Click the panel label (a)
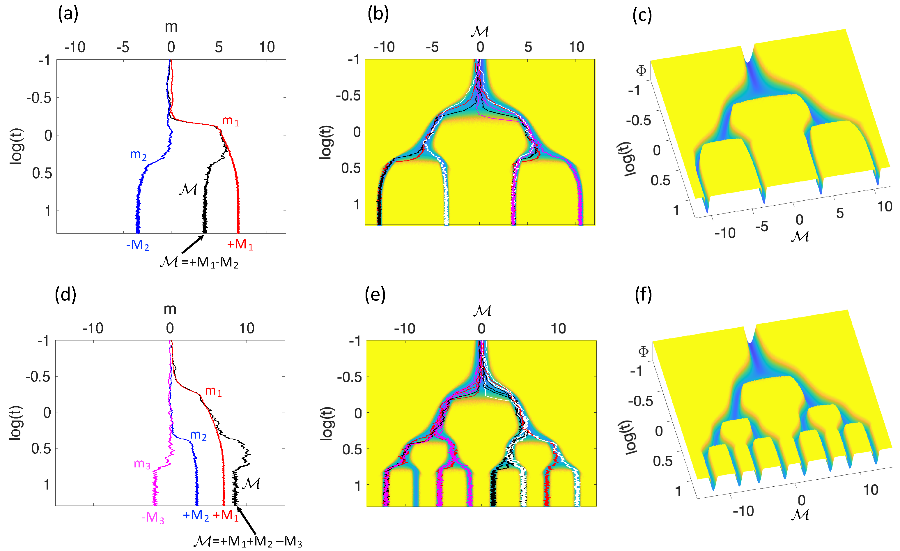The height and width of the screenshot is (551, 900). pyautogui.click(x=68, y=15)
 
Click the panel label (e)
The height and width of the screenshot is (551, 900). pyautogui.click(x=375, y=295)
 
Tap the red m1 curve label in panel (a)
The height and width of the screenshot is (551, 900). pyautogui.click(x=231, y=120)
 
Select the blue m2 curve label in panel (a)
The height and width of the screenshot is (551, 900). pyautogui.click(x=138, y=155)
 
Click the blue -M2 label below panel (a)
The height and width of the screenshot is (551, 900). pyautogui.click(x=137, y=245)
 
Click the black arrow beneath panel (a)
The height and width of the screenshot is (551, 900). pyautogui.click(x=192, y=244)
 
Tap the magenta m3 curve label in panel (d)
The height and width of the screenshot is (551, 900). pyautogui.click(x=142, y=464)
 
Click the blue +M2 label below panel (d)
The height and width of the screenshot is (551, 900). pyautogui.click(x=196, y=515)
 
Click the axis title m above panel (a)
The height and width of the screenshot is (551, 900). pyautogui.click(x=171, y=27)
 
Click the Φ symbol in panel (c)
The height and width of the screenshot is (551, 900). pyautogui.click(x=641, y=70)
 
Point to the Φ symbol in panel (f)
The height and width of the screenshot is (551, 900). pyautogui.click(x=643, y=352)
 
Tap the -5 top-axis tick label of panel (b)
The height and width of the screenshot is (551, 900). pyautogui.click(x=432, y=47)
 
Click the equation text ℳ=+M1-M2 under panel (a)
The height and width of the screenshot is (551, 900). pyautogui.click(x=199, y=262)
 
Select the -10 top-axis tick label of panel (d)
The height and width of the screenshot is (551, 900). pyautogui.click(x=93, y=329)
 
